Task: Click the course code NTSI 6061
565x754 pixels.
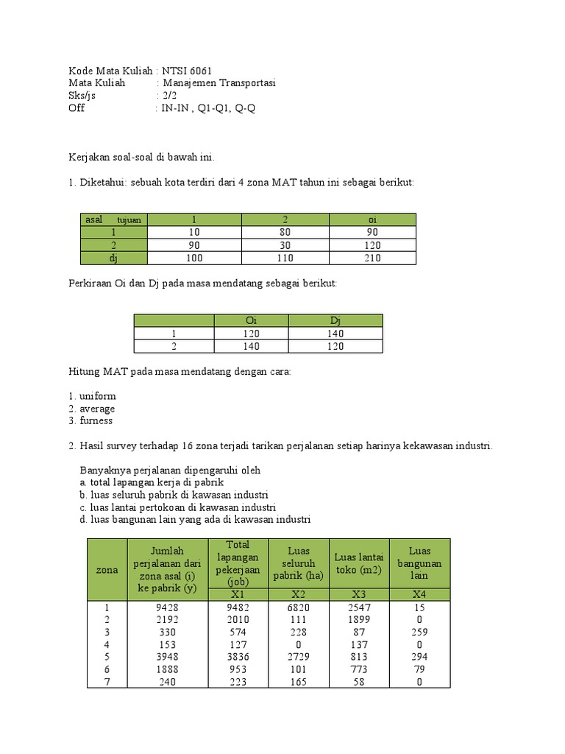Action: (x=187, y=71)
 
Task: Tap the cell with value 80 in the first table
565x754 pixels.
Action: (x=285, y=232)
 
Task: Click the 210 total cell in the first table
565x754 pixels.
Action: (x=372, y=258)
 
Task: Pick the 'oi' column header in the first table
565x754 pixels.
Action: (x=372, y=219)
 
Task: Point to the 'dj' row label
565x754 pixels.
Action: (x=113, y=258)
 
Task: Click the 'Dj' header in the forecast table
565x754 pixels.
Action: (x=335, y=320)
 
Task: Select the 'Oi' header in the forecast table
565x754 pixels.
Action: (x=251, y=320)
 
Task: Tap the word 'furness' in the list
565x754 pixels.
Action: (x=96, y=421)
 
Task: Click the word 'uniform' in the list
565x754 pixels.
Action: (x=97, y=396)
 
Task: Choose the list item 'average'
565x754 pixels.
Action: (x=97, y=409)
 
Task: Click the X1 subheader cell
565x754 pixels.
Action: (x=238, y=594)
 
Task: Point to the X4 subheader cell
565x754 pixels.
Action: (x=419, y=594)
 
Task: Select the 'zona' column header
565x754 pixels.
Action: (x=107, y=569)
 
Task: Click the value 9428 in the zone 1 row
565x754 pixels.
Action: (x=168, y=607)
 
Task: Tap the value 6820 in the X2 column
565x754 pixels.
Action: (x=298, y=607)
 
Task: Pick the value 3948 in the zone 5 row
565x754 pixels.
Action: (x=168, y=657)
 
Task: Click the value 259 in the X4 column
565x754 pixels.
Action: (x=419, y=632)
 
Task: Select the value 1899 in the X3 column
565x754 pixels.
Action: (x=359, y=620)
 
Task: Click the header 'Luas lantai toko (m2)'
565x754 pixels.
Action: (x=359, y=563)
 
